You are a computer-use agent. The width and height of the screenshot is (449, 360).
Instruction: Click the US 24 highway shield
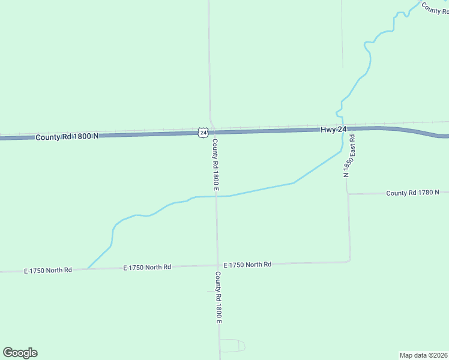(x=203, y=133)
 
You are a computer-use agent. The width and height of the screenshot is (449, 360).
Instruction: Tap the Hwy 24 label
(x=333, y=129)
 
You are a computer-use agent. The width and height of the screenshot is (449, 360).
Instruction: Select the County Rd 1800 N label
(x=67, y=137)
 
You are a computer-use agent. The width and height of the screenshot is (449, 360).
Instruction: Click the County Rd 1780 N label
(x=413, y=193)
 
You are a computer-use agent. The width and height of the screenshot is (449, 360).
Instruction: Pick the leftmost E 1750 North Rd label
(x=48, y=270)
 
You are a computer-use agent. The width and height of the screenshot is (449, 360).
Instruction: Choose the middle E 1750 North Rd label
(x=147, y=267)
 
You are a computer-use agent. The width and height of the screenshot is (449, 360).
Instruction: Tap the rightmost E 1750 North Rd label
(x=247, y=265)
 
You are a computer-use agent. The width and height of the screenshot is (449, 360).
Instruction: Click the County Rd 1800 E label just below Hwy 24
(x=215, y=165)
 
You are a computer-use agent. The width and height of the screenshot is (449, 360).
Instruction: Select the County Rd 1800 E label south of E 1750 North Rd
(x=218, y=298)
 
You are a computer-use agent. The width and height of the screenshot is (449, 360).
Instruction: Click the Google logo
(x=20, y=353)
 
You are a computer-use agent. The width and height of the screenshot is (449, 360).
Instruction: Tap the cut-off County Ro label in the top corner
(x=435, y=8)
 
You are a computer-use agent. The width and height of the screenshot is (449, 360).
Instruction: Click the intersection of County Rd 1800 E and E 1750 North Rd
(x=217, y=265)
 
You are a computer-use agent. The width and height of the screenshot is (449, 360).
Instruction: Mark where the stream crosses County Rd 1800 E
(x=216, y=196)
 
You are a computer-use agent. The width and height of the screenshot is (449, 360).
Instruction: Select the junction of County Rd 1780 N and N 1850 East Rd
(x=348, y=194)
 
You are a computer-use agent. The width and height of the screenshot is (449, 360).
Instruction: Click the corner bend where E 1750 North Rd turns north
(x=349, y=260)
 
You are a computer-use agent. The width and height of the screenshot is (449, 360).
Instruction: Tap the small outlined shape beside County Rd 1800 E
(x=232, y=346)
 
